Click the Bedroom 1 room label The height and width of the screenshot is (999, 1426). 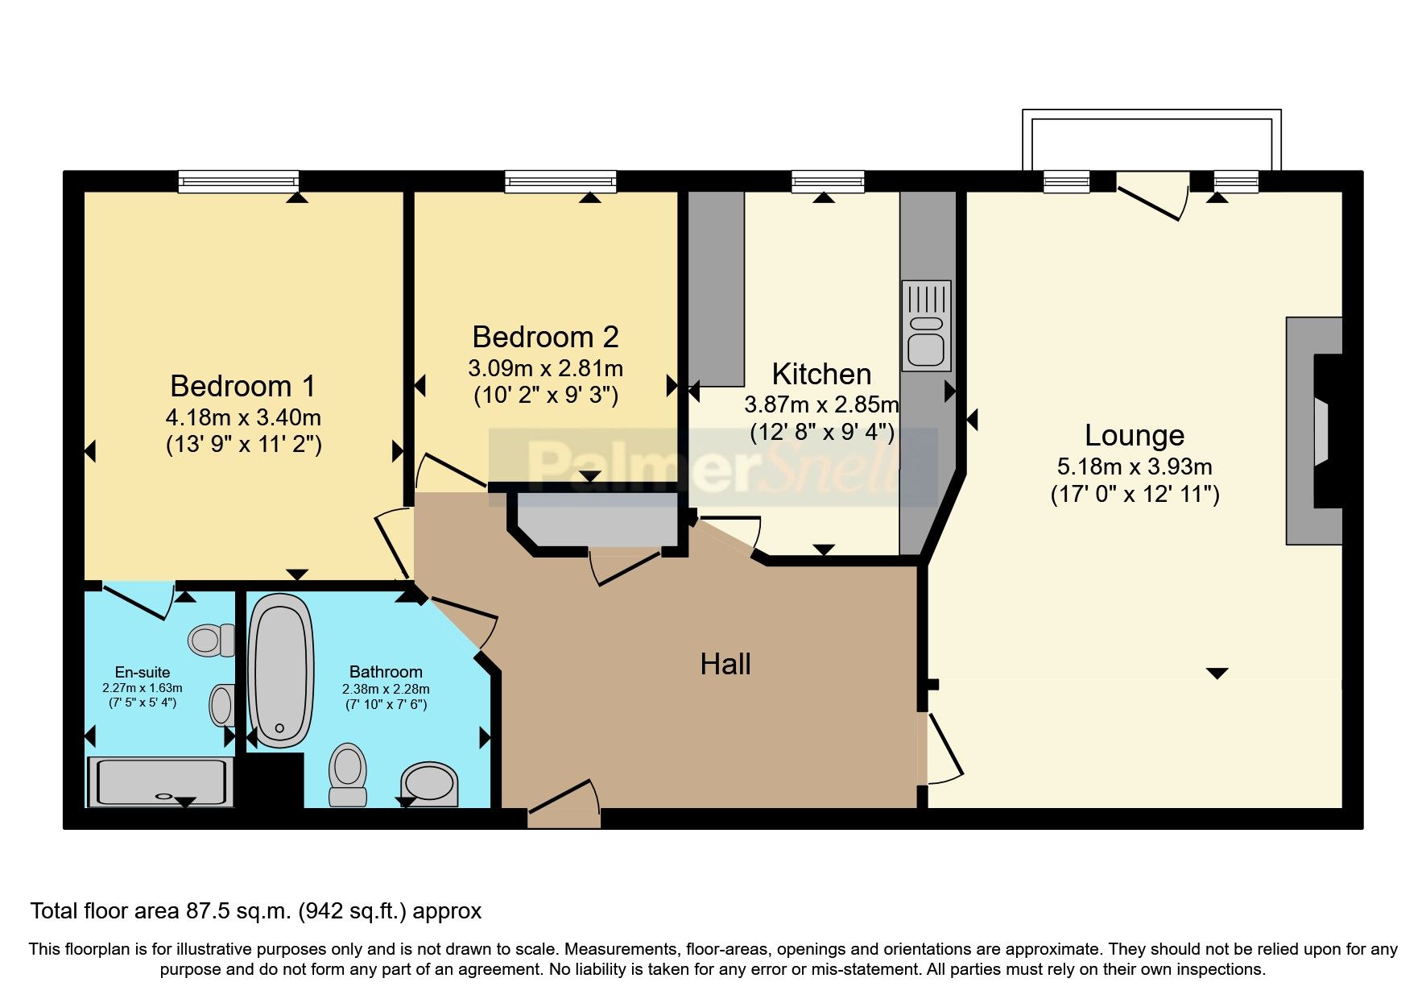click(x=242, y=387)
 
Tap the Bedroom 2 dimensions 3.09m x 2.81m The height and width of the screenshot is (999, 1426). click(x=545, y=369)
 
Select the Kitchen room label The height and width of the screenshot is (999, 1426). click(x=821, y=375)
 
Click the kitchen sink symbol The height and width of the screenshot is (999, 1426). click(x=926, y=325)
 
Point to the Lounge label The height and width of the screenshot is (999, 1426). click(x=1134, y=436)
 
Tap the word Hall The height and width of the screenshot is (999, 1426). click(x=725, y=665)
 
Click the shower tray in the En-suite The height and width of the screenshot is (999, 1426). click(x=161, y=781)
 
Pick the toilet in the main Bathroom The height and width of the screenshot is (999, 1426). click(x=348, y=774)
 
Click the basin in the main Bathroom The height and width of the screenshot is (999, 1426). click(x=428, y=782)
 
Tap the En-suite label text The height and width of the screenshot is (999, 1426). click(x=143, y=672)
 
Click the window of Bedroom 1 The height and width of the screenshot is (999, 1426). click(x=238, y=183)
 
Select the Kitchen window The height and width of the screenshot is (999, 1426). click(x=827, y=183)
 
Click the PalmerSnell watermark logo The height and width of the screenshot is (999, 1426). click(x=713, y=467)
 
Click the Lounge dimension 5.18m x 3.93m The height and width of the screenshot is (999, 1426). click(x=1134, y=467)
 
